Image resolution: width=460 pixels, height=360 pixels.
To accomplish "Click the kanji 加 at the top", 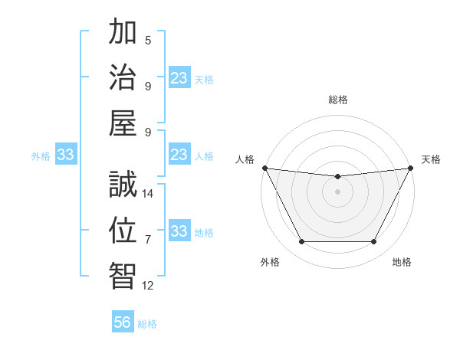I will click(123, 34).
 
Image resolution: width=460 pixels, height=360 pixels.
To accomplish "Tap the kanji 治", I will click(123, 78).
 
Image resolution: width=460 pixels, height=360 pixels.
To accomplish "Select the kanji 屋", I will click(123, 123).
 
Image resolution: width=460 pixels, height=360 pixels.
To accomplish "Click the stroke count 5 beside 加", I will click(147, 41).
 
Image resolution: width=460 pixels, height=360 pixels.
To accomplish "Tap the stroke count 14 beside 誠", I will click(149, 194).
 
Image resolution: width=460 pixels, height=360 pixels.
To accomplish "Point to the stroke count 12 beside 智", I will click(149, 286).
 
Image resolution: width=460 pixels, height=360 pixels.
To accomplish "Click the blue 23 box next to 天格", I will click(179, 78).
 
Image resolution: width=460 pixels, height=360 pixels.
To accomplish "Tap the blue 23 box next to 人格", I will click(179, 155).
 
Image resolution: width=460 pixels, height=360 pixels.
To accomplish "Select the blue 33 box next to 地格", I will click(179, 231).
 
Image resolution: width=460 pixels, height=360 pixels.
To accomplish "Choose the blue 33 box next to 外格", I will click(66, 155).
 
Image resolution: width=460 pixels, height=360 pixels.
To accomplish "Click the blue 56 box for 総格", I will click(123, 322).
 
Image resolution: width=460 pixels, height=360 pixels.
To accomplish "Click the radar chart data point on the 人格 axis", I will click(264, 168).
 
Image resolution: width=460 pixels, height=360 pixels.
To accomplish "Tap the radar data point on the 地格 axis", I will click(374, 242).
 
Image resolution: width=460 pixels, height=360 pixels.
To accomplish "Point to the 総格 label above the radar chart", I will click(337, 100).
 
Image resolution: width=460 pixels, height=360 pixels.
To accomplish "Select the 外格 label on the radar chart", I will click(270, 262).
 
